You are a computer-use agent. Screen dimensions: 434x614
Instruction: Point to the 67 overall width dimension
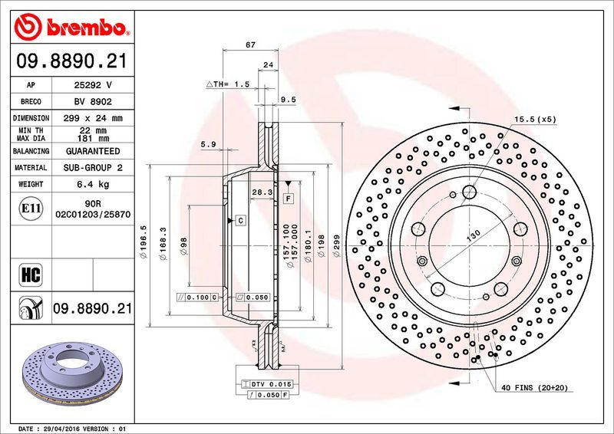[x=250, y=45]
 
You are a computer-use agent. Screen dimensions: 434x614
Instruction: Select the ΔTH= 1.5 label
[x=228, y=84]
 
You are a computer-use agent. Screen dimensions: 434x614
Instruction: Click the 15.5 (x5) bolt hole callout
[x=534, y=119]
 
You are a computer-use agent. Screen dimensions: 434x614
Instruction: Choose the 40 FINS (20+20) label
[x=535, y=389]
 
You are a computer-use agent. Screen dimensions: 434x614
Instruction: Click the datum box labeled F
[x=289, y=199]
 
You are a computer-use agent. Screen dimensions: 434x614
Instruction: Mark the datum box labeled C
[x=239, y=221]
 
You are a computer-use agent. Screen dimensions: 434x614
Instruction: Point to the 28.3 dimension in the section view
[x=262, y=192]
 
